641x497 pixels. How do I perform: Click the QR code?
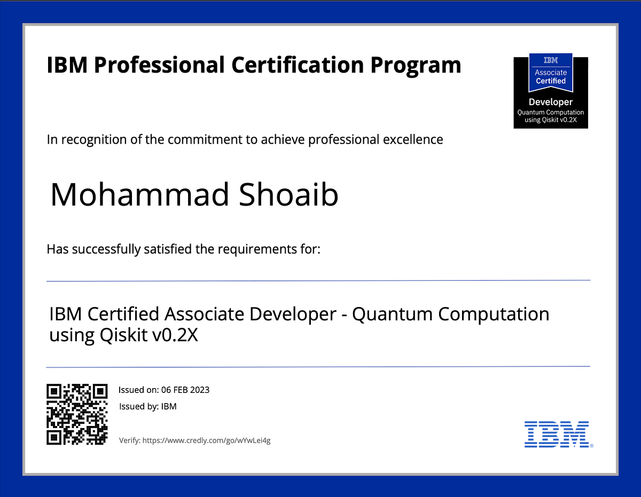77,414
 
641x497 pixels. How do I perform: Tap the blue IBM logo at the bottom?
557,433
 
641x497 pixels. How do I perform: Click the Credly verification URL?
207,440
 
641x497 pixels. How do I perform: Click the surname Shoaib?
289,195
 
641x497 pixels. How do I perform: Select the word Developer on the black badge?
550,102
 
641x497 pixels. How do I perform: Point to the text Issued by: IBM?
147,406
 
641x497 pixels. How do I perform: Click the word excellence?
412,140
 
